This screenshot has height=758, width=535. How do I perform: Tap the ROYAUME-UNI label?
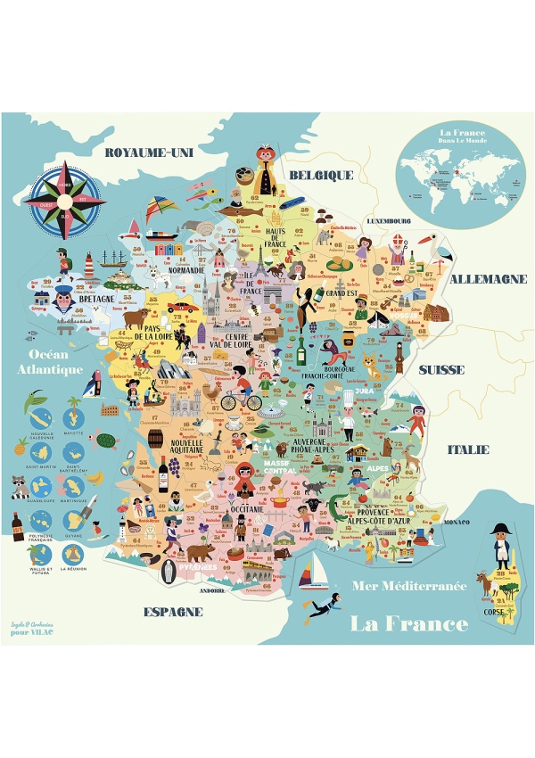tap(149, 152)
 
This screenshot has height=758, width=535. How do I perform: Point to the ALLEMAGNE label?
tap(488, 278)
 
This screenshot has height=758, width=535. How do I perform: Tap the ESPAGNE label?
tap(173, 612)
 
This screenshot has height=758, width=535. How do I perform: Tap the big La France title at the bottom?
tap(409, 622)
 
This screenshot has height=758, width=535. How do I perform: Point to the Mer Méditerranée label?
tap(409, 586)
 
